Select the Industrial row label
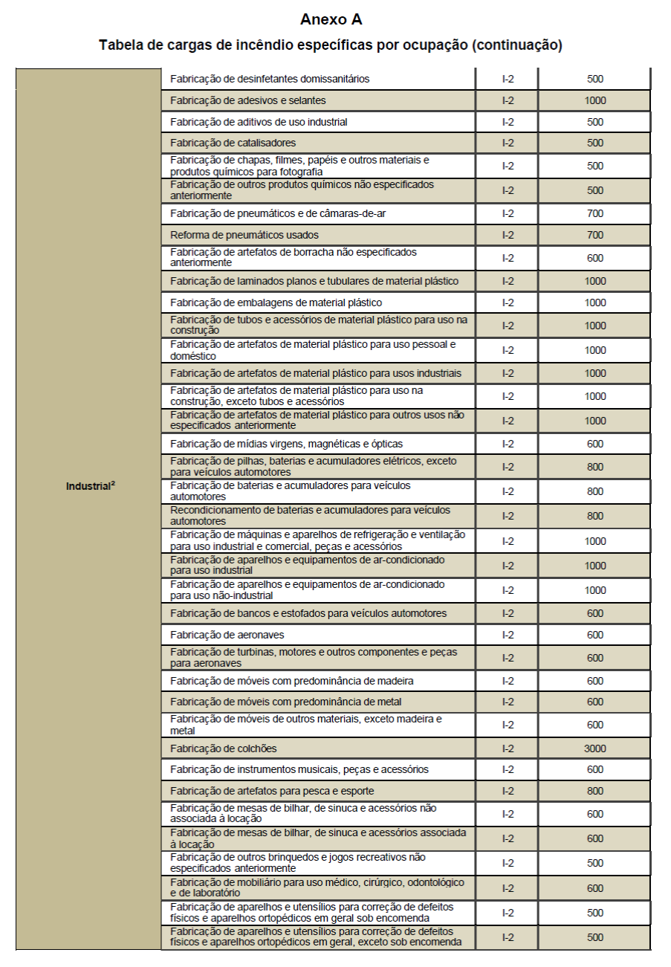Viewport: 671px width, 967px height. [90, 487]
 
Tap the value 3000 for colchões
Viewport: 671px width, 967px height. [594, 748]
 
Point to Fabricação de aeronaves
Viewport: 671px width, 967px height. [227, 635]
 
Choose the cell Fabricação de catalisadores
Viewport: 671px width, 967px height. [233, 143]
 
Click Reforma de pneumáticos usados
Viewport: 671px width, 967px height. [244, 235]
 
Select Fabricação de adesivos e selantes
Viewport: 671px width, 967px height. [247, 100]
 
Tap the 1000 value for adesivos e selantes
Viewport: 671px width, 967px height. [594, 100]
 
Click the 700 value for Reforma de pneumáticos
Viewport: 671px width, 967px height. [594, 235]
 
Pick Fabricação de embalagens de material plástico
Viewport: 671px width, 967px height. [276, 303]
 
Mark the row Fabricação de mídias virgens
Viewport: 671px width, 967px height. [286, 444]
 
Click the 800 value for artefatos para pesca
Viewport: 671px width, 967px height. [594, 791]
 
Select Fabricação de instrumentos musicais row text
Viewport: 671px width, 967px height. [299, 769]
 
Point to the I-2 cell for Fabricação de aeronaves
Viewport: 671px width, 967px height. [508, 635]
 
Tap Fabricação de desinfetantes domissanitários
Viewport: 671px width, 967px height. [270, 79]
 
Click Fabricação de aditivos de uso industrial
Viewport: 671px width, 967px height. [259, 122]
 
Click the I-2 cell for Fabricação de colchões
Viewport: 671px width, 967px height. [508, 748]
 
